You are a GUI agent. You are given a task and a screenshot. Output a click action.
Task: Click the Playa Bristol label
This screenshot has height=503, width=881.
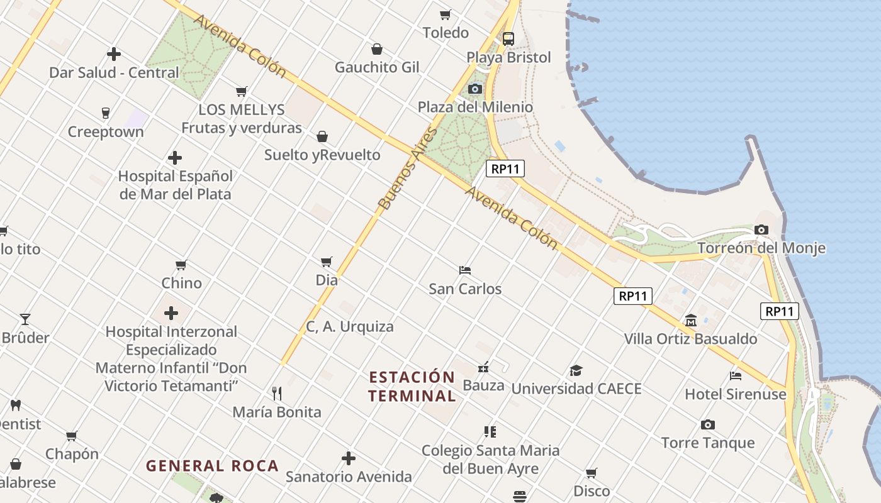508,58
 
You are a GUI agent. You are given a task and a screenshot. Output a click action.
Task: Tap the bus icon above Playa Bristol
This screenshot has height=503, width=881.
508,38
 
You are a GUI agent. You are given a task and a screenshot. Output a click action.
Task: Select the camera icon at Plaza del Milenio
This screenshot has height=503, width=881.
475,89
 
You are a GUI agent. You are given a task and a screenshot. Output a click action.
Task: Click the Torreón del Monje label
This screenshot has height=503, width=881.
761,248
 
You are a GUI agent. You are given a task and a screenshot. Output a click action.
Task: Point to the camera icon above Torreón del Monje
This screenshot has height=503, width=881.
761,229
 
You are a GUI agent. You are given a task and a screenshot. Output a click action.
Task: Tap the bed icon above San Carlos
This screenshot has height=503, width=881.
465,270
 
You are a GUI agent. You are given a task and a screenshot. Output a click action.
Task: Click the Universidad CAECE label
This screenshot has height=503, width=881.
576,389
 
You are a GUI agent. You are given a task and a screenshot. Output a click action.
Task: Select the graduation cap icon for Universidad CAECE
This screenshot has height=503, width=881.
576,370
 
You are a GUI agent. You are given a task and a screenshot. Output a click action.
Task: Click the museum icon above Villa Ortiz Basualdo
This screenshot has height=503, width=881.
691,320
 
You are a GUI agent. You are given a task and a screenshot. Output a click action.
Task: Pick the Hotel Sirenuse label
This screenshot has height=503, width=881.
735,394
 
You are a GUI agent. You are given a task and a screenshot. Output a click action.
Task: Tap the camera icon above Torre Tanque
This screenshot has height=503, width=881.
708,425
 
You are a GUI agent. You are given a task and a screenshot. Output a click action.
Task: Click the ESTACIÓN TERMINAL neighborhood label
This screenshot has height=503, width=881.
412,387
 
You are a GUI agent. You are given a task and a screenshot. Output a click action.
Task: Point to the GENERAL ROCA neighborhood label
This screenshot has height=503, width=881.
212,466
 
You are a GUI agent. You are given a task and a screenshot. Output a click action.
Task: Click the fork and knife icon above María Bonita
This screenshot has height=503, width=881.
277,394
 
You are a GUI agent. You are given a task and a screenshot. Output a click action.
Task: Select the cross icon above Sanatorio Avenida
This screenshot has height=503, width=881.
349,458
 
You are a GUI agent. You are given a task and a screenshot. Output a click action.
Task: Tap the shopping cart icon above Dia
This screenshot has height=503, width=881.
326,262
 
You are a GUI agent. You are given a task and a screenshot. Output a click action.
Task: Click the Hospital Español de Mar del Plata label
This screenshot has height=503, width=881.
176,185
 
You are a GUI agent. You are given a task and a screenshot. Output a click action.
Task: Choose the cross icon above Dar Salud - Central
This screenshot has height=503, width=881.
114,54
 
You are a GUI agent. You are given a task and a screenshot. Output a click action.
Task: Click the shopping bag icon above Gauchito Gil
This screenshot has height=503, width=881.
377,49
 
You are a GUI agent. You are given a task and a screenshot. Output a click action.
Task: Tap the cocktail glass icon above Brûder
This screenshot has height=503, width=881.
25,319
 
